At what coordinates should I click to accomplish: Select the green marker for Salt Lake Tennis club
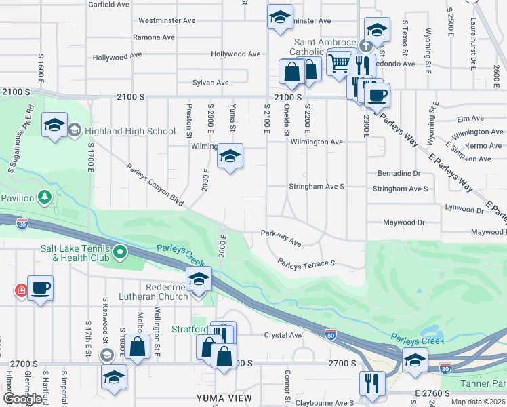point(120,254)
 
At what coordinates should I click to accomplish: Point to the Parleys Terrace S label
point(306,263)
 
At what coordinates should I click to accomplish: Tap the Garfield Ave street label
point(108,4)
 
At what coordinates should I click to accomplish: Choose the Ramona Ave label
point(155,37)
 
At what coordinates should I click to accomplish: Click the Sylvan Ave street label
point(211,83)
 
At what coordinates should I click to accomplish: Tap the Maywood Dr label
point(403,222)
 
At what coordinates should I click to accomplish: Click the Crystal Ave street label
point(283,335)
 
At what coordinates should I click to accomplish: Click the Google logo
point(23,399)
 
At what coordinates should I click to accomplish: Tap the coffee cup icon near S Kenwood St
point(40,288)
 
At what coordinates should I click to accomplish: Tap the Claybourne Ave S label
point(325,403)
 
